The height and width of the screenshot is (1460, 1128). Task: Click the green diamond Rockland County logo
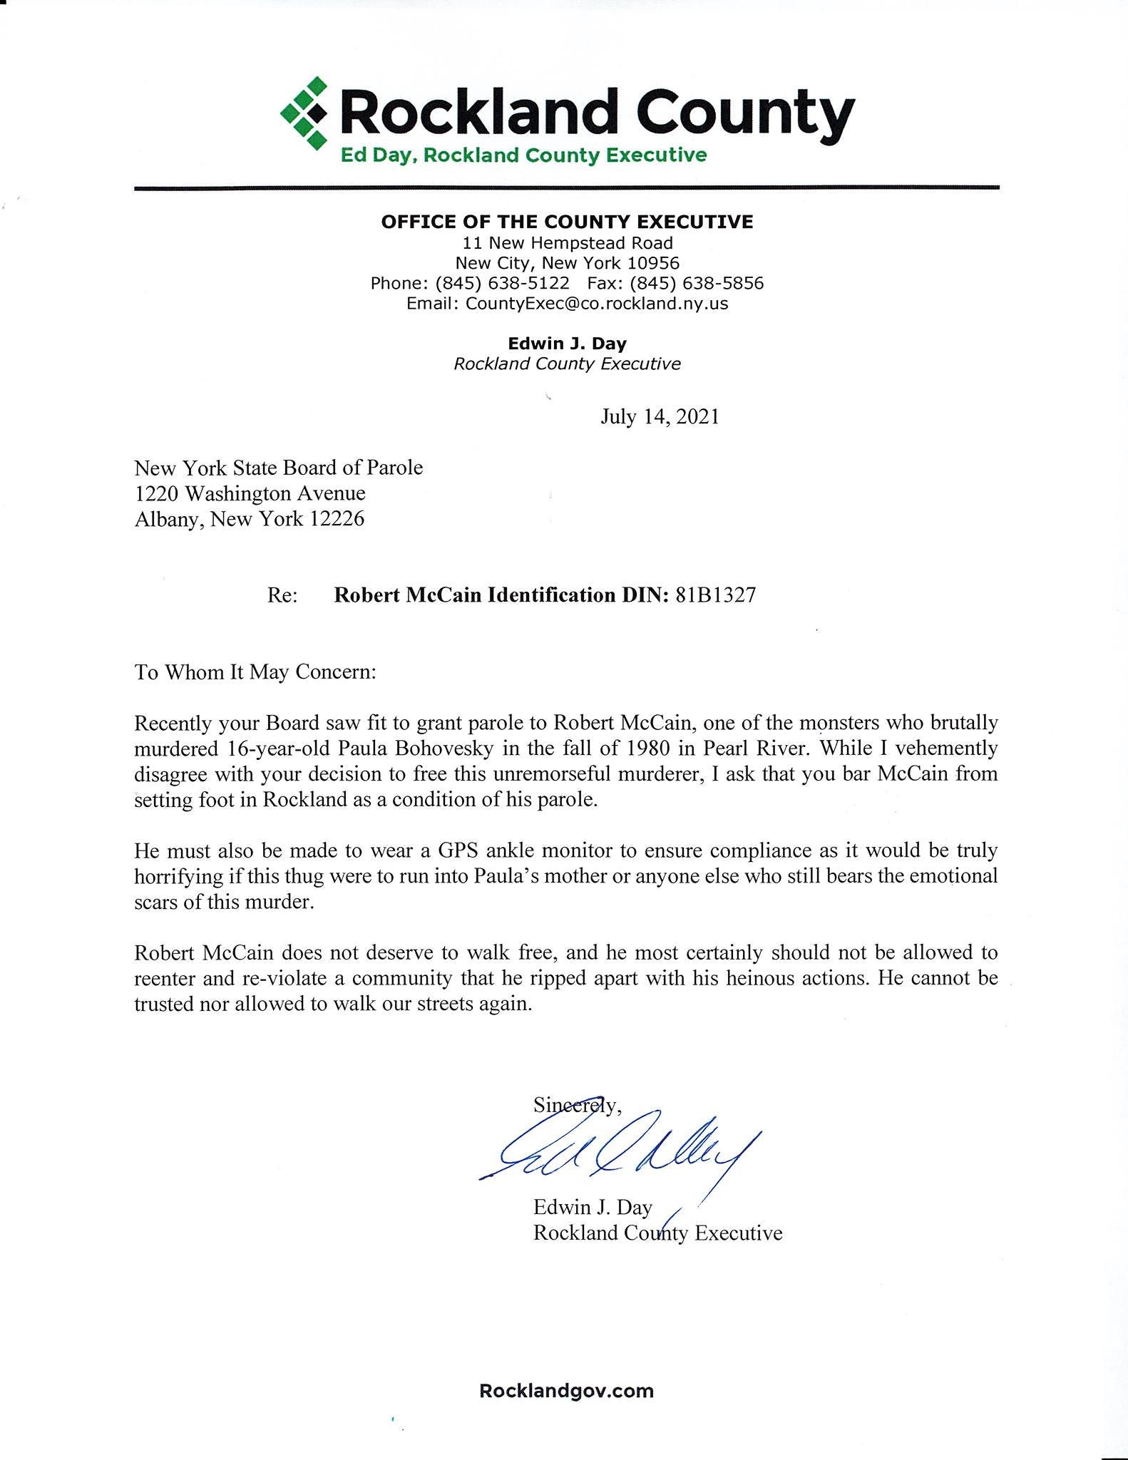pos(304,113)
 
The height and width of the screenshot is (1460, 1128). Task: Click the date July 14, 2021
pos(660,417)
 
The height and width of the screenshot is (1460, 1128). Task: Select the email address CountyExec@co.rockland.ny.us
pos(596,304)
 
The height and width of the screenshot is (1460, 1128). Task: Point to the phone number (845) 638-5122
pos(502,284)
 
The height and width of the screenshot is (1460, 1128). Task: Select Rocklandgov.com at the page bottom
pos(567,1391)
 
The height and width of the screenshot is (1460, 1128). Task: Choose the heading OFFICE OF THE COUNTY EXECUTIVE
pos(567,222)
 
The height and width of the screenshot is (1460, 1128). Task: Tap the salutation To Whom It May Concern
pos(255,672)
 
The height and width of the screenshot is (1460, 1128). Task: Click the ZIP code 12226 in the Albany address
pos(337,519)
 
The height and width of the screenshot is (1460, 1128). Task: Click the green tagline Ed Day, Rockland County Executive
pos(523,155)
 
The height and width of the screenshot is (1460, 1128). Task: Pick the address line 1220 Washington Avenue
pos(250,493)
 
